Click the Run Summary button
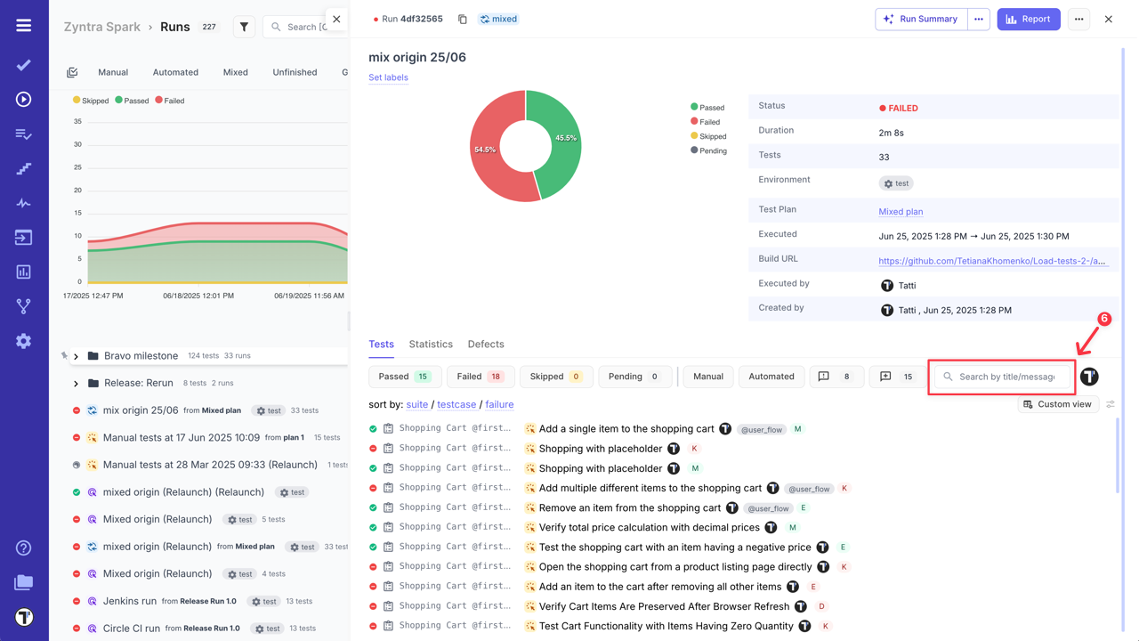[921, 19]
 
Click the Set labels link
[388, 77]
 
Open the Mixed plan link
[901, 212]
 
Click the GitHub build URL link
[991, 261]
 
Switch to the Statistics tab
[431, 345]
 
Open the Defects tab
[486, 345]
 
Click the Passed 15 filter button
[405, 377]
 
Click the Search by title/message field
[1006, 377]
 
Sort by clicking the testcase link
[456, 404]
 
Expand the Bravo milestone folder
[77, 356]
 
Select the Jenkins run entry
[130, 601]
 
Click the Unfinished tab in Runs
[295, 72]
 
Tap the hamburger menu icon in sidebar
[24, 26]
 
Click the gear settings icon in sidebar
[24, 341]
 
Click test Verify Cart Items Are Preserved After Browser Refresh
[664, 606]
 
